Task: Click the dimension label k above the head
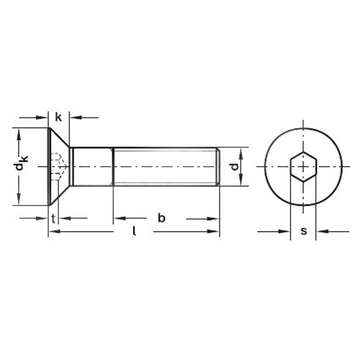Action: click(x=59, y=118)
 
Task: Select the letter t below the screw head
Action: click(x=53, y=219)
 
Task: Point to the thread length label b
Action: click(x=162, y=218)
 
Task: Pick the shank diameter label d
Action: click(x=234, y=166)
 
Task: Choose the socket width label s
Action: click(x=304, y=231)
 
